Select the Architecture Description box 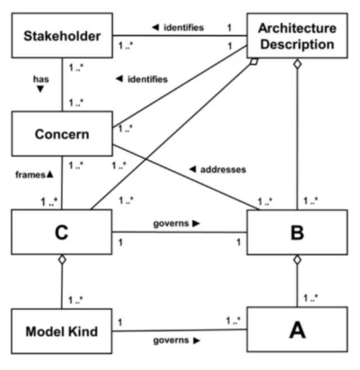298,36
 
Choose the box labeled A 297,331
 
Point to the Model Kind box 62,331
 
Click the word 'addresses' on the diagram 224,169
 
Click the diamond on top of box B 297,259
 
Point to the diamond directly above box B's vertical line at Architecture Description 297,64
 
